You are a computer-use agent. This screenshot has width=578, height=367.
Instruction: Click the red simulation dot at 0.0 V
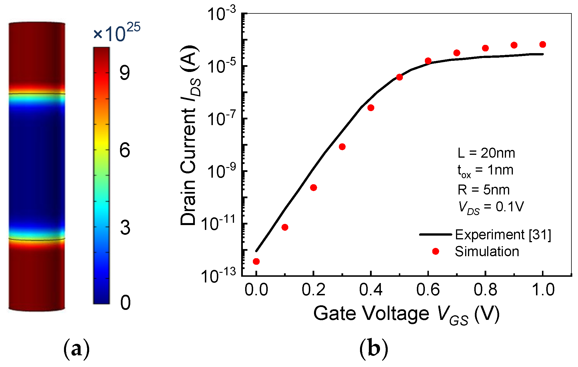[x=256, y=261]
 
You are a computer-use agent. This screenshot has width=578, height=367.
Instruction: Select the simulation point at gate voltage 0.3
[x=342, y=147]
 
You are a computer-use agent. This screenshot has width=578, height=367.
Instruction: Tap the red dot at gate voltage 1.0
[x=543, y=45]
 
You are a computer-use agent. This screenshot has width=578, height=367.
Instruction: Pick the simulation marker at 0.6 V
[x=428, y=61]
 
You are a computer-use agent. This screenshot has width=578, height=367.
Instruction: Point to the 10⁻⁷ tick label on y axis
[x=221, y=119]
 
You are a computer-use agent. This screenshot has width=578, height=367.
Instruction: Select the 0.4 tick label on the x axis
[x=371, y=290]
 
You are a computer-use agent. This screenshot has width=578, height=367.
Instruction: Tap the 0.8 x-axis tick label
[x=485, y=290]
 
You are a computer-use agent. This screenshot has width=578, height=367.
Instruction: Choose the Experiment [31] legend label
[x=503, y=235]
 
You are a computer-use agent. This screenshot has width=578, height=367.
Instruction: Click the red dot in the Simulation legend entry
[x=435, y=251]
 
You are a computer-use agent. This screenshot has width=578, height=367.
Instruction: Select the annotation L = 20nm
[x=486, y=153]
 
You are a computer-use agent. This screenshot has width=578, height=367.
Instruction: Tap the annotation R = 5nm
[x=483, y=190]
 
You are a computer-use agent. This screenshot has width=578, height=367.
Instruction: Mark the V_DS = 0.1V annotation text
[x=491, y=207]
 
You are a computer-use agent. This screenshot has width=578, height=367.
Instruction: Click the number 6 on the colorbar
[x=125, y=150]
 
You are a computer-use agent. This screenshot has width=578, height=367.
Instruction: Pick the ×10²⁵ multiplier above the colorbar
[x=117, y=33]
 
